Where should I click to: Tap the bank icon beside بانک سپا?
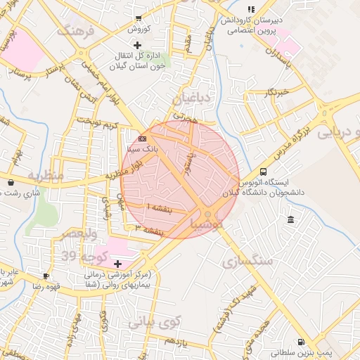point(142,139)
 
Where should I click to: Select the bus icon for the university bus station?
point(263,172)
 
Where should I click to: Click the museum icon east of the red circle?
point(290,221)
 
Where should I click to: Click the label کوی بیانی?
point(155,321)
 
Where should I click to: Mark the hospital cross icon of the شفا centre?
point(117,264)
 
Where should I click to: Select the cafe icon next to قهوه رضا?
point(46,276)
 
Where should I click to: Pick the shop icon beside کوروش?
point(139,19)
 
